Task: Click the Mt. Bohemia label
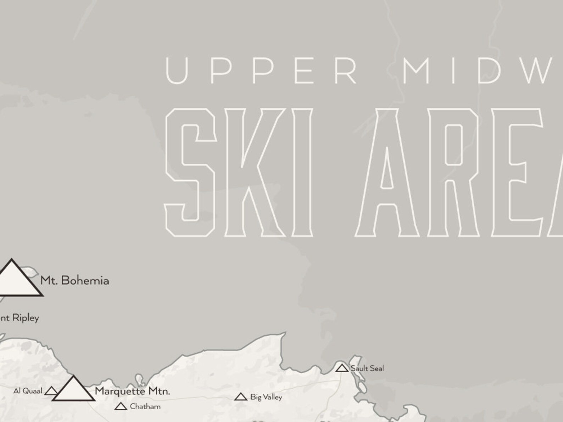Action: (74, 281)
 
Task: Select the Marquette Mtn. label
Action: (132, 391)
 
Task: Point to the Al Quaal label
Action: (28, 391)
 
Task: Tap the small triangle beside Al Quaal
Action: (51, 391)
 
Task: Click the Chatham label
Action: (145, 406)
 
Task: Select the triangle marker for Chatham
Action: (121, 406)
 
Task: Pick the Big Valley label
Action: (266, 397)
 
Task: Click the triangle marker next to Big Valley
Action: (241, 397)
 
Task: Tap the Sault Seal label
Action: (367, 368)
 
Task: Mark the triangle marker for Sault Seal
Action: (342, 368)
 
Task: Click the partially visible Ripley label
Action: (19, 318)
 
